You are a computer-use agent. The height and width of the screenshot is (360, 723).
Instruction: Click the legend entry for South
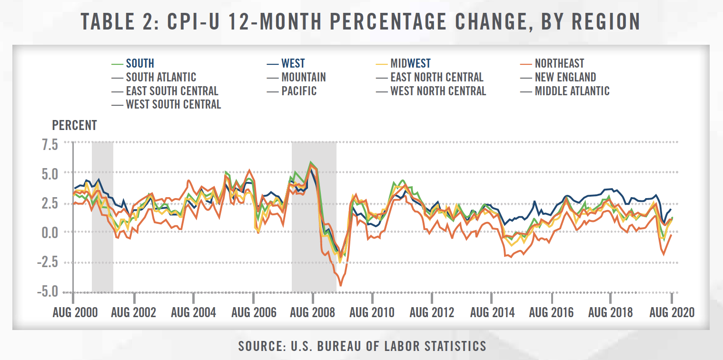[140, 63]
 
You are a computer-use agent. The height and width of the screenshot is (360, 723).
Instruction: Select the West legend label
[293, 63]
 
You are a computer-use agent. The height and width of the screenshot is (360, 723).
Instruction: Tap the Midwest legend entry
[410, 63]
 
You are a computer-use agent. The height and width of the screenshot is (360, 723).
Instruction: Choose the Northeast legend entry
[559, 63]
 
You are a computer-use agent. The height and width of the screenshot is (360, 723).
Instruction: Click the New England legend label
[565, 77]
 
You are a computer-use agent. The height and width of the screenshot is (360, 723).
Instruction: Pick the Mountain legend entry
[303, 77]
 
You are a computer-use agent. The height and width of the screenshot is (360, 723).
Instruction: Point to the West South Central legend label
[173, 104]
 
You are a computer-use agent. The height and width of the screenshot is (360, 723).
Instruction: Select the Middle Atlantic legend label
[572, 90]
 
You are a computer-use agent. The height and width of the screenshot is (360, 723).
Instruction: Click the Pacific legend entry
[298, 90]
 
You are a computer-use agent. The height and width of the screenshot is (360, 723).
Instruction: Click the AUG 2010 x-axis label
[372, 312]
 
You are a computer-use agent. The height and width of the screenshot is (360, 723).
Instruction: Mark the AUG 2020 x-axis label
[671, 312]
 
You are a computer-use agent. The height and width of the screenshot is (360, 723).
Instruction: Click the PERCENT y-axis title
[74, 125]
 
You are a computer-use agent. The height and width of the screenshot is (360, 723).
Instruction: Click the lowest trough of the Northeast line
[340, 286]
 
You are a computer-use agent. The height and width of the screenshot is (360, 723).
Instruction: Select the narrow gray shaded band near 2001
[102, 217]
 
